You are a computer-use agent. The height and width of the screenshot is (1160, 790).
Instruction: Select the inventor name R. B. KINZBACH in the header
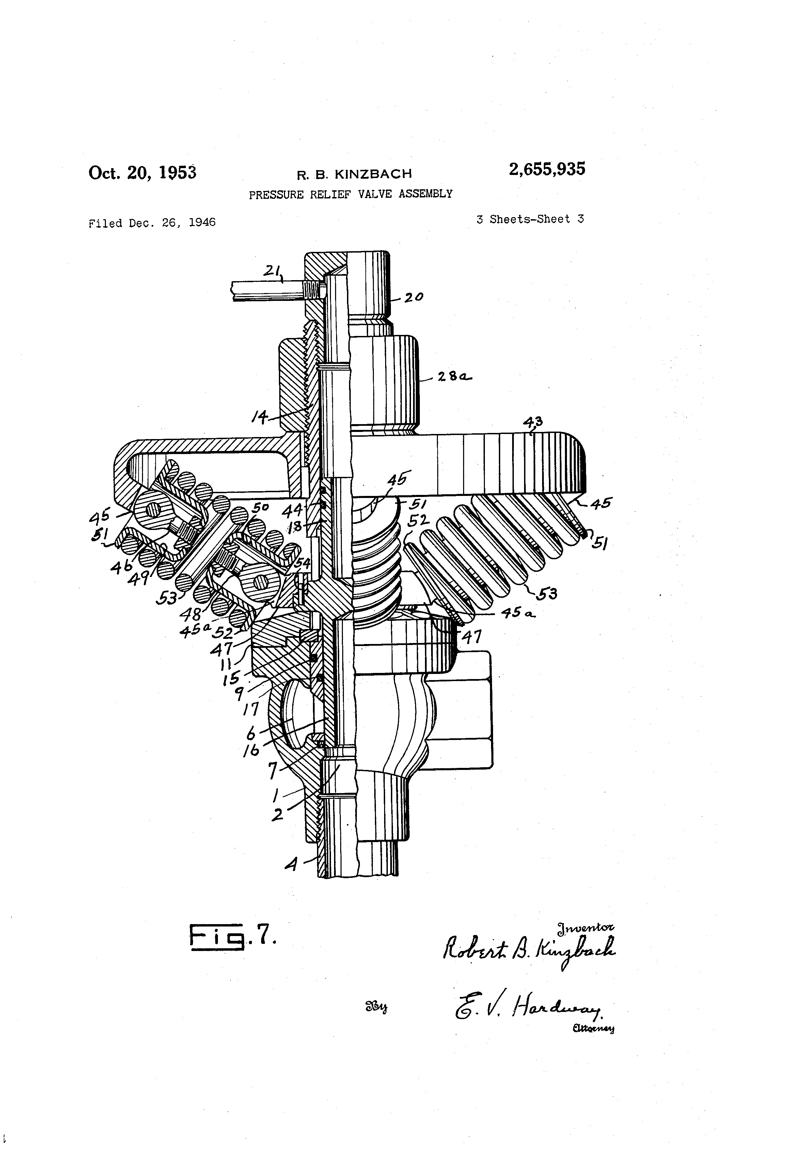(x=354, y=174)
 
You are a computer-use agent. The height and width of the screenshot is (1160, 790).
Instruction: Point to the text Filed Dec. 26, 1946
(x=152, y=223)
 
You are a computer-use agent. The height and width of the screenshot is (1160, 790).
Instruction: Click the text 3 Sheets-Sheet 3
(x=530, y=219)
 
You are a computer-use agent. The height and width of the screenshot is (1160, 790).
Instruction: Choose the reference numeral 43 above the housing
(x=532, y=422)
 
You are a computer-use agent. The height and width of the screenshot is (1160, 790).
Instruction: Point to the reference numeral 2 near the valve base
(x=277, y=815)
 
